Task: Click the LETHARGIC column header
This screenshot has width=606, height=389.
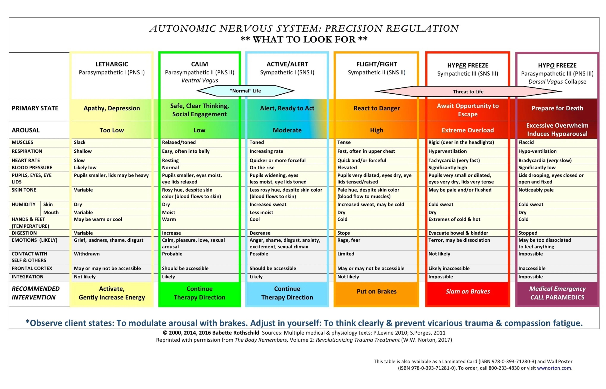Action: coord(112,64)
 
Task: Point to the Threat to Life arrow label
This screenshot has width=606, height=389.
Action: coord(468,92)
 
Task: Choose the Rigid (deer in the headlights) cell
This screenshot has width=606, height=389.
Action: coord(461,142)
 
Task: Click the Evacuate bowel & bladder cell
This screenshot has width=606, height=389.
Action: coord(458,233)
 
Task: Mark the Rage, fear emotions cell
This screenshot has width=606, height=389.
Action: coord(349,240)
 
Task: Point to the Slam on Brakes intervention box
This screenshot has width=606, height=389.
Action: coord(467,291)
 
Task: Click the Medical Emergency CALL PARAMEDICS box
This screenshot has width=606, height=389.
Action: coord(557,293)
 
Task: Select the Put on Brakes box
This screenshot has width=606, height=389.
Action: coord(376,291)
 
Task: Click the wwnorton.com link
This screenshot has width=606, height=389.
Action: coord(554,368)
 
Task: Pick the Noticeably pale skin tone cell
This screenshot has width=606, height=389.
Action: coord(536,190)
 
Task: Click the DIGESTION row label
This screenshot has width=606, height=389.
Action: coord(24,233)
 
